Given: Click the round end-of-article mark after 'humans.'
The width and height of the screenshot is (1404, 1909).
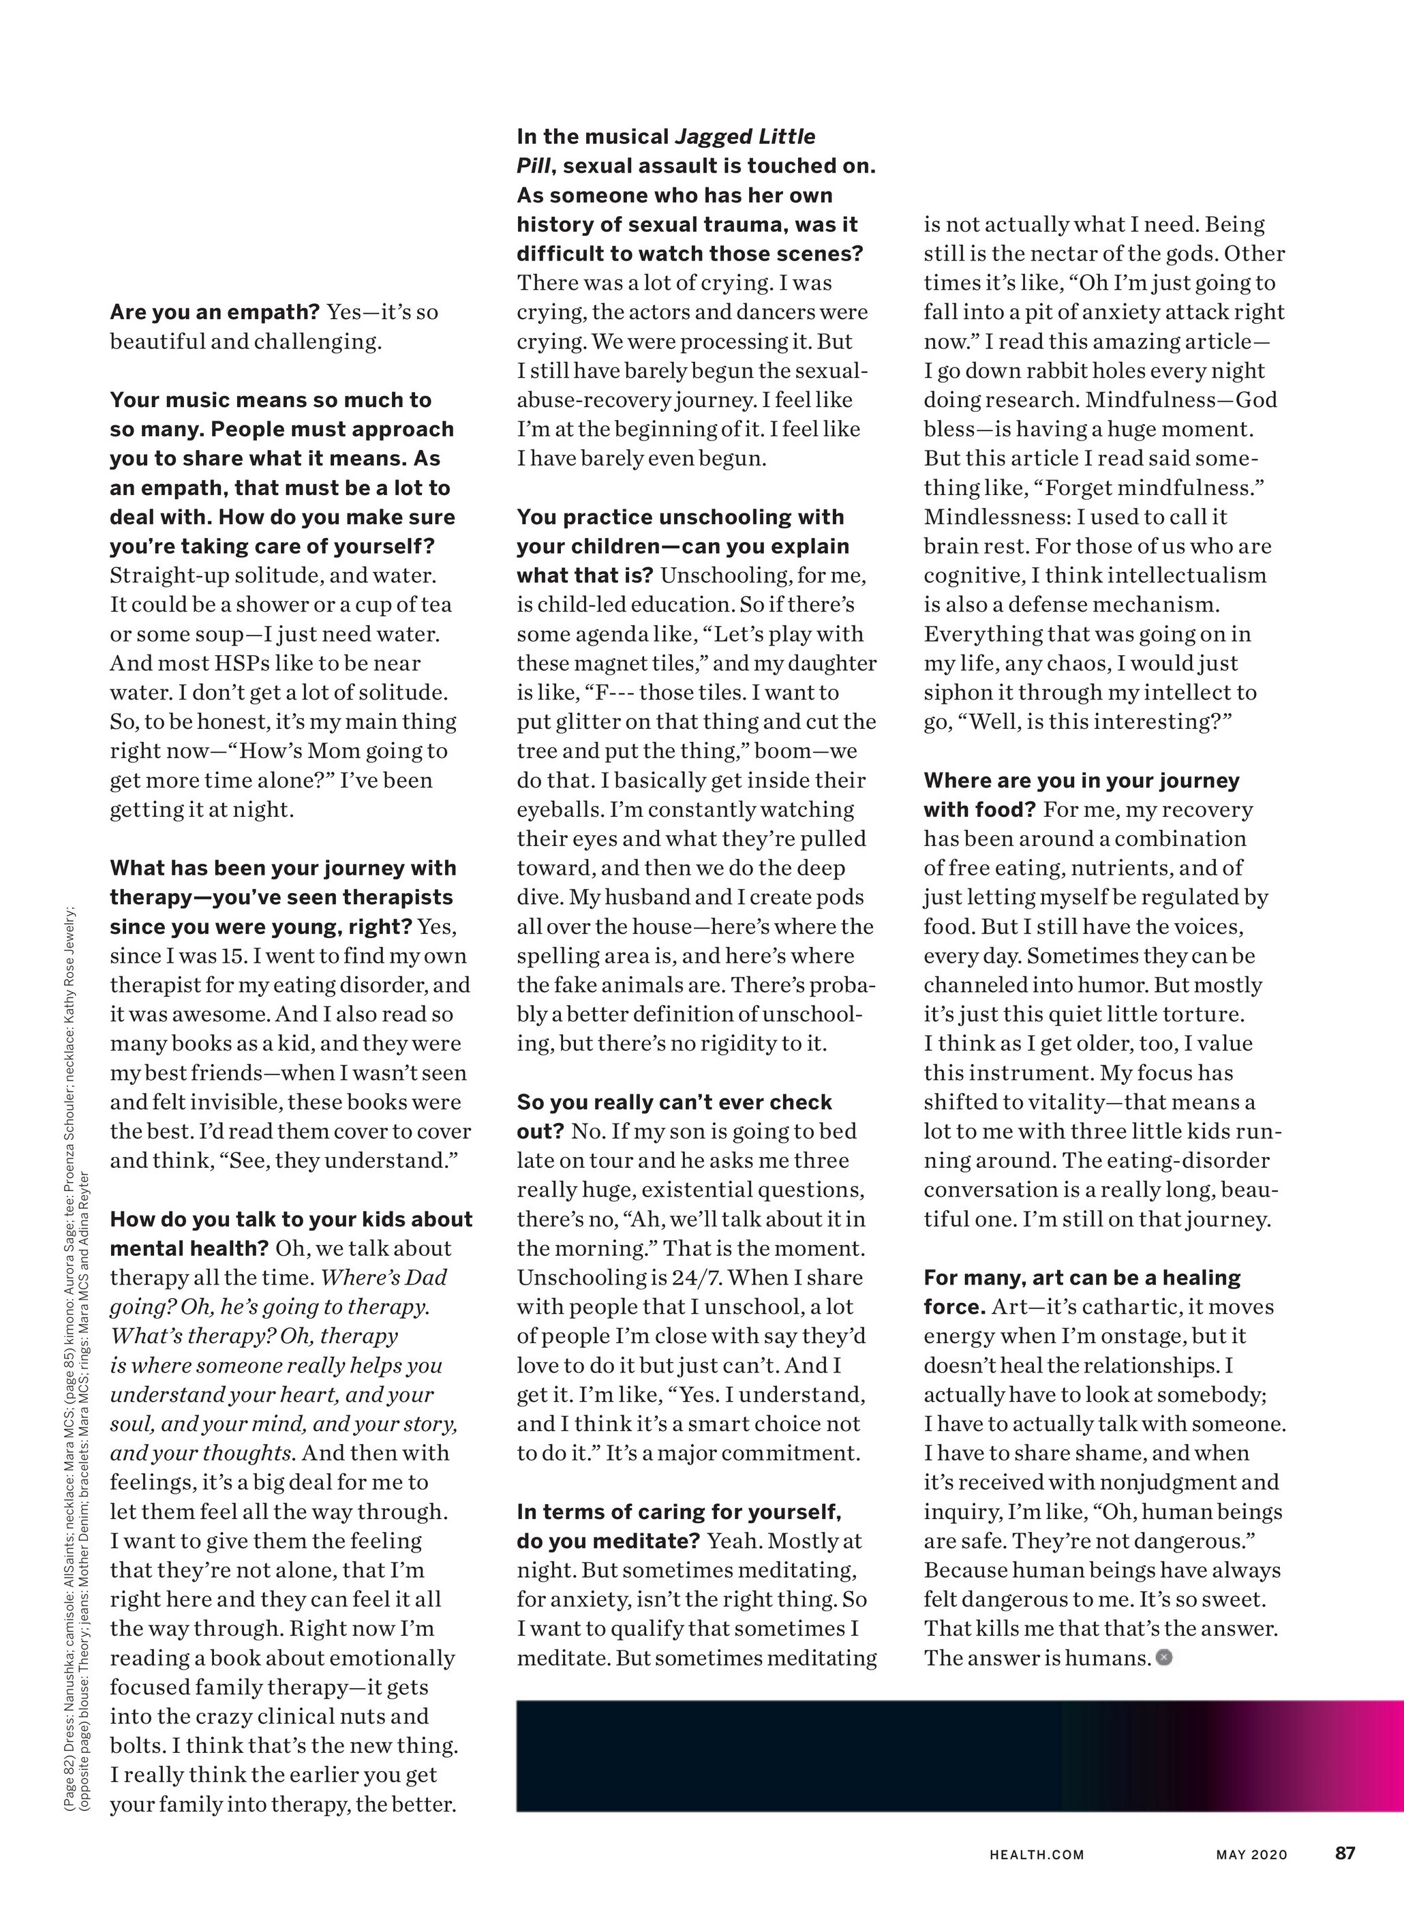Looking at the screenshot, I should tap(1164, 1657).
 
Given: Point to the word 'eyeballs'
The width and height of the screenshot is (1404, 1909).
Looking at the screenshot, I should tap(560, 810).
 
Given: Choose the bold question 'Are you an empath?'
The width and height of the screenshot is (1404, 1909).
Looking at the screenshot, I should tap(214, 312).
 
